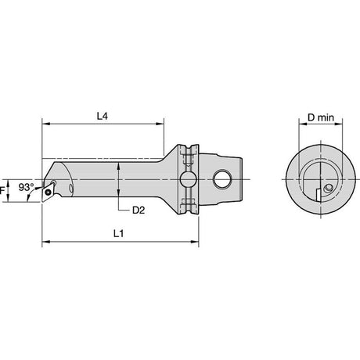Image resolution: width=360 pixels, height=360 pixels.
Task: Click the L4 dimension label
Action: point(103,117)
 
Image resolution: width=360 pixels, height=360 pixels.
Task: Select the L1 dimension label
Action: point(118,234)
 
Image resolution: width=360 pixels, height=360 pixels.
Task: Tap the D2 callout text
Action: point(139,210)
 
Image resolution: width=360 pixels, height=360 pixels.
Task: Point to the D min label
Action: point(321,117)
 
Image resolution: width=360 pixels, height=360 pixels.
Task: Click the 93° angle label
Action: point(26,187)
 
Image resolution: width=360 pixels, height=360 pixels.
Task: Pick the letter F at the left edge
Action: point(2,191)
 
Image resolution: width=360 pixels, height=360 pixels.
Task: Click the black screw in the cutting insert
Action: point(48,193)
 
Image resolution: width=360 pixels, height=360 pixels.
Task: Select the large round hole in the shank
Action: point(222,179)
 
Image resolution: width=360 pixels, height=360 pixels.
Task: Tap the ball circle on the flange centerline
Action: point(188,179)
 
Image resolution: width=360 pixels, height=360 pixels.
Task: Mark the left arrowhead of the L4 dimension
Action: point(45,124)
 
